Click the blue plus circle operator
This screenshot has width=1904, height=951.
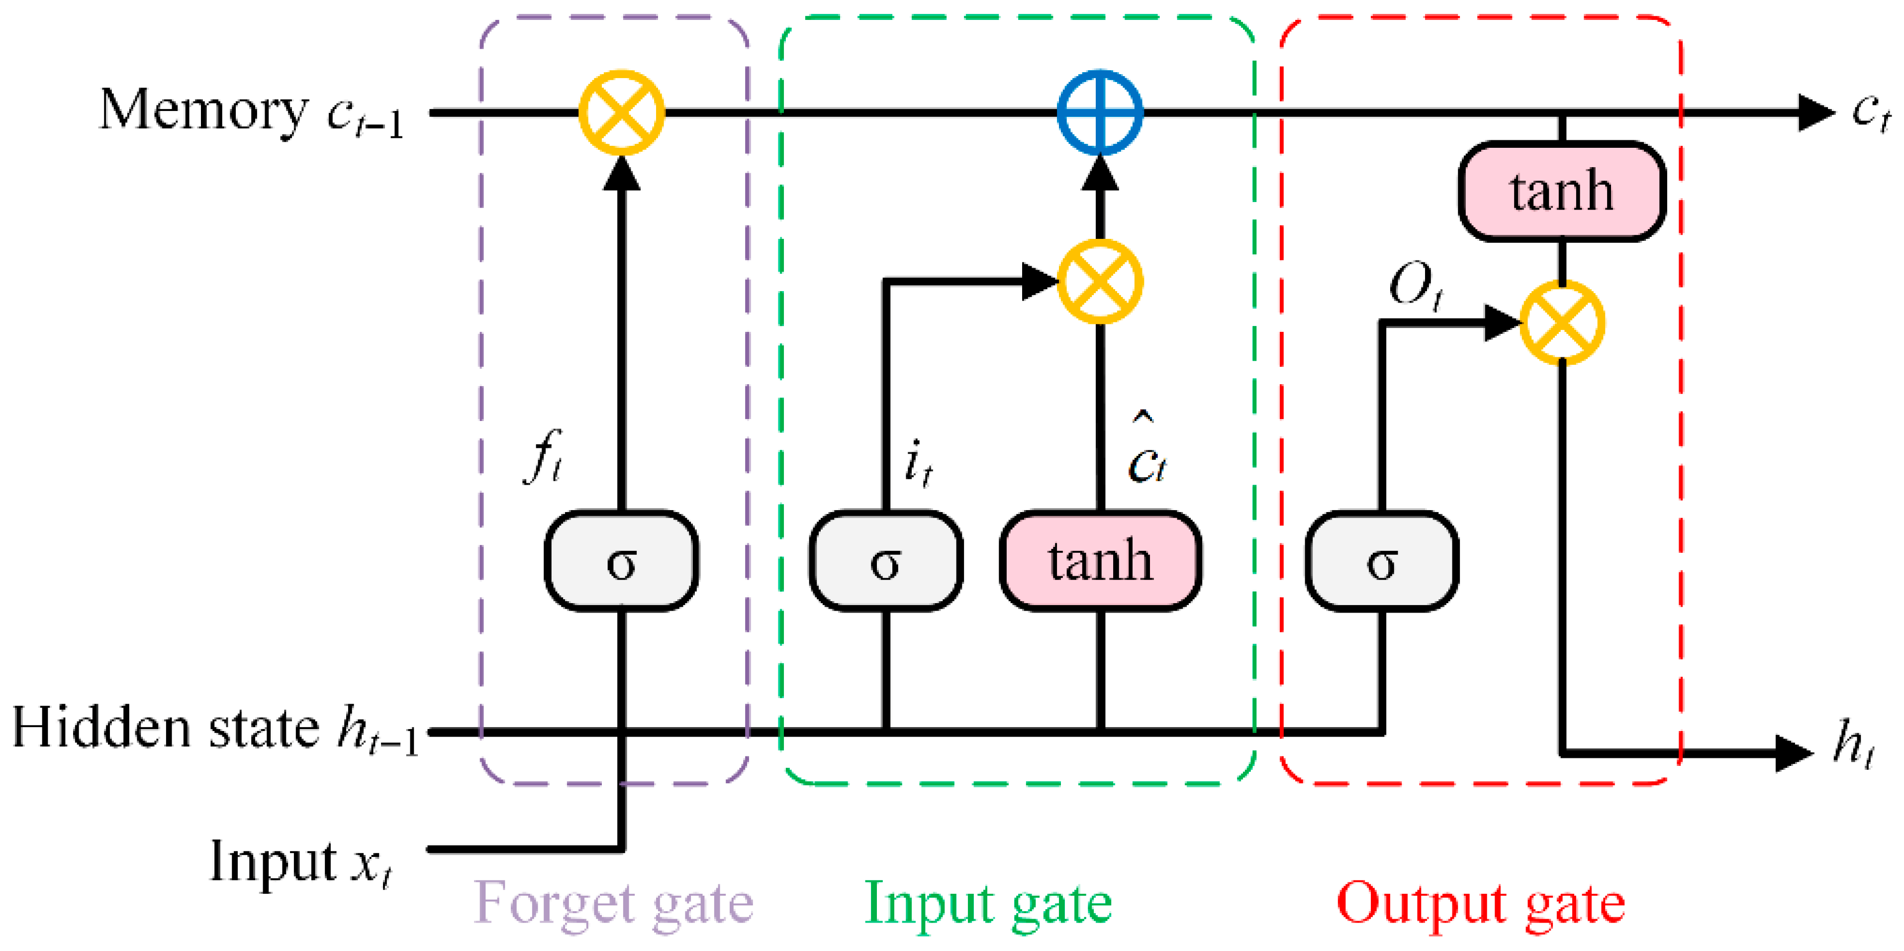[x=1100, y=112]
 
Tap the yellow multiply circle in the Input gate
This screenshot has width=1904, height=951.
[x=1100, y=281]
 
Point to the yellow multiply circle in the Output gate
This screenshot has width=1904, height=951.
[x=1562, y=322]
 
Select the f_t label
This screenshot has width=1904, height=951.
[x=543, y=456]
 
